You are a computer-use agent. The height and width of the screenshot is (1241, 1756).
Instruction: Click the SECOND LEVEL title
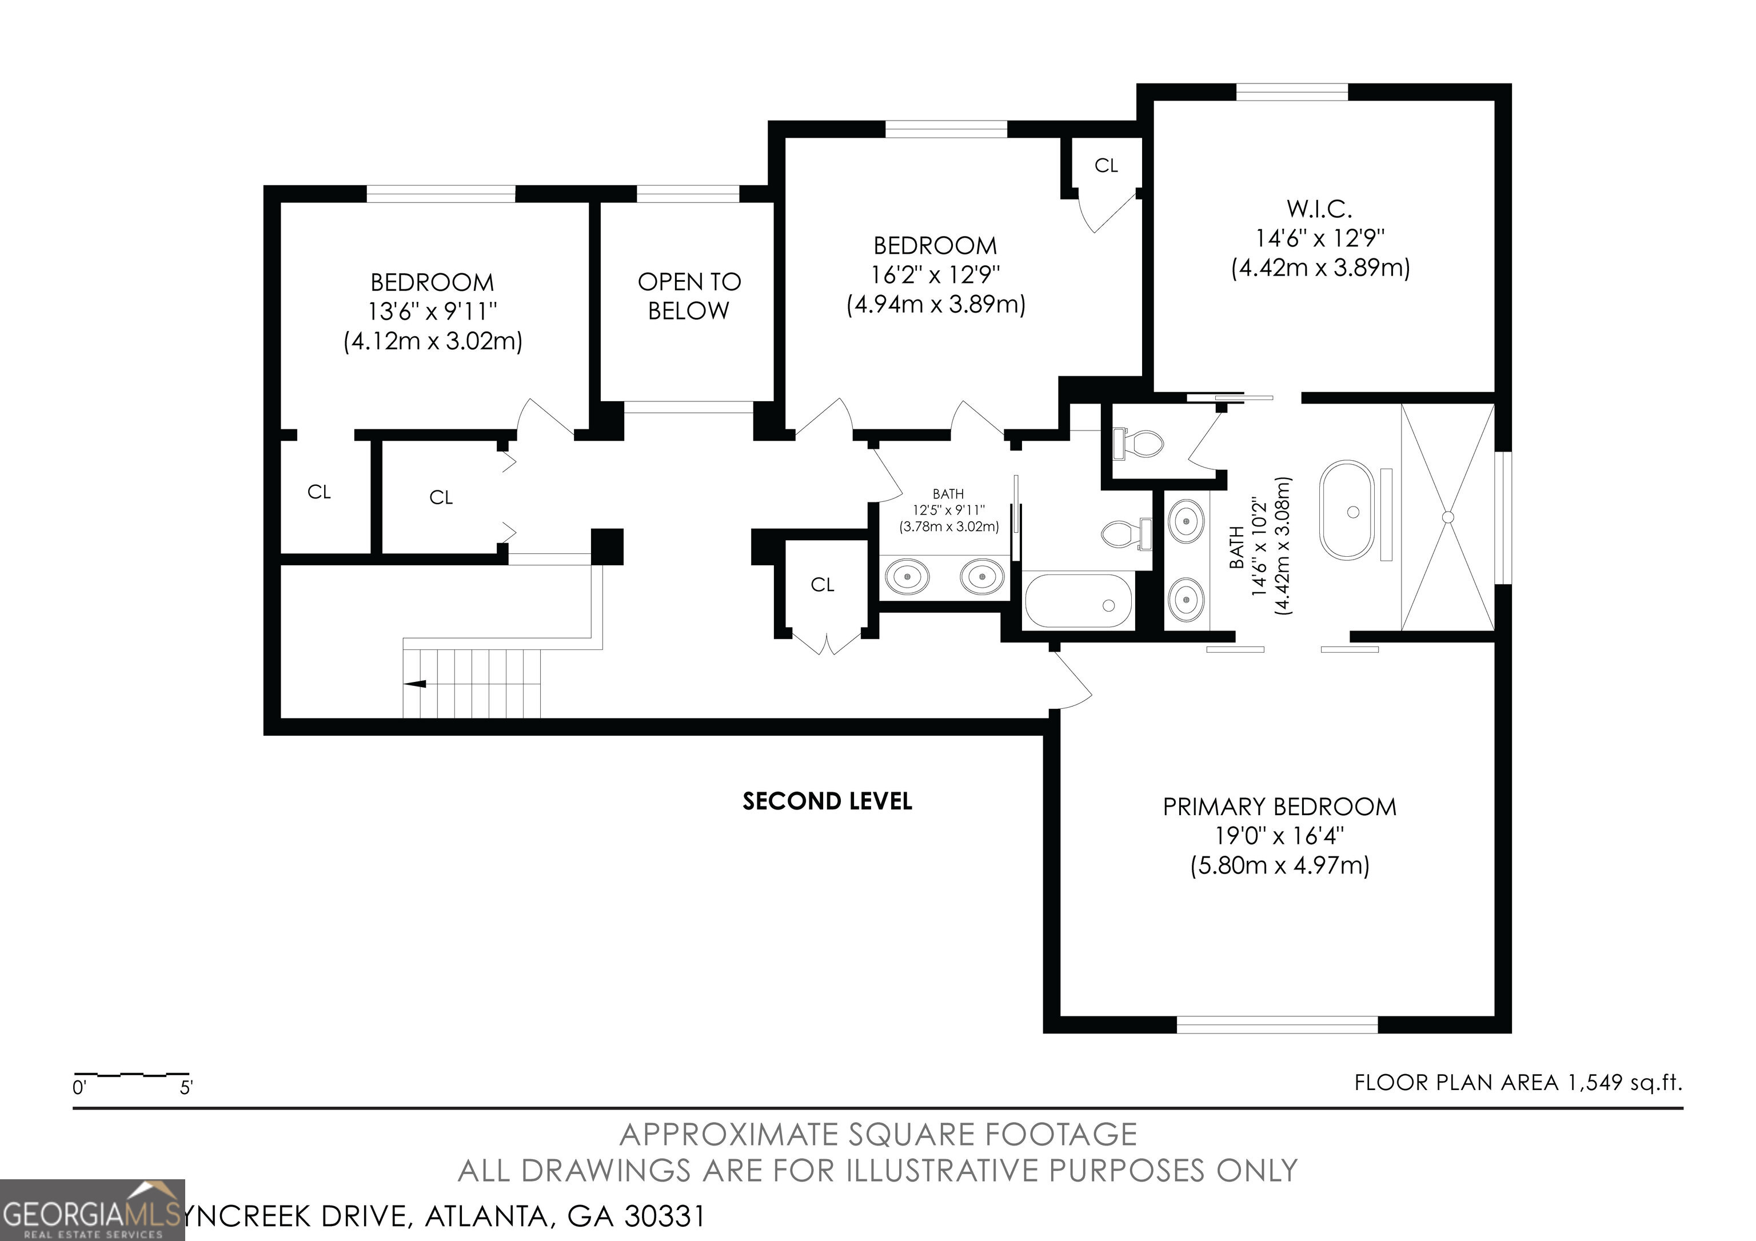(827, 801)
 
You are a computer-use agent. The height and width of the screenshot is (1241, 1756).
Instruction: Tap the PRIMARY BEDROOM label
(1279, 807)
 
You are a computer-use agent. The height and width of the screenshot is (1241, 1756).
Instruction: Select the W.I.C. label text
(1319, 209)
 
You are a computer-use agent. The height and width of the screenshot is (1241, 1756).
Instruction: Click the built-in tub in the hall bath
(1077, 601)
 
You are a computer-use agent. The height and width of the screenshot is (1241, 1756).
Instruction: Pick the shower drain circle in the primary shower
(1447, 517)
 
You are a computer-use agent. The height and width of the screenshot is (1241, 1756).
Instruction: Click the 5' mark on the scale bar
(186, 1087)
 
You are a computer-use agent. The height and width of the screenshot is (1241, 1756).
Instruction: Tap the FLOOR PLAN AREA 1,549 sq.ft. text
(1518, 1083)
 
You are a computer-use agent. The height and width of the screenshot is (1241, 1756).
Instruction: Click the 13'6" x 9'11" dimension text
(432, 311)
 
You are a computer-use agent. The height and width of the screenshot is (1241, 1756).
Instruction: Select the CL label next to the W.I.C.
(1106, 165)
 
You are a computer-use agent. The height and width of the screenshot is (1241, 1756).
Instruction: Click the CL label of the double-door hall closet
(822, 585)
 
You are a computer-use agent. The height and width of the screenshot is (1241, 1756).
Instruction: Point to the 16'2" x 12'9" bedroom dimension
(935, 274)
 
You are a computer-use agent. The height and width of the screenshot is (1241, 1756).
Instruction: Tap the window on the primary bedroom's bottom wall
(1276, 1024)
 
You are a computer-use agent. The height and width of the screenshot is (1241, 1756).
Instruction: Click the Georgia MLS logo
(92, 1210)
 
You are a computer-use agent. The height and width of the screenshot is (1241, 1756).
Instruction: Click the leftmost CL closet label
(319, 492)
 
